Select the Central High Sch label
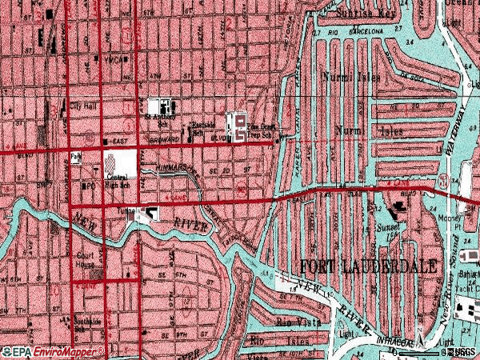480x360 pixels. (117, 179)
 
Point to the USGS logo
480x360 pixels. (462, 352)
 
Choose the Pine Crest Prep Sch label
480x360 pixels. (264, 131)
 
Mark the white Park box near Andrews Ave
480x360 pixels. (77, 157)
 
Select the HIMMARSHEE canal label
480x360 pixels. (178, 167)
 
